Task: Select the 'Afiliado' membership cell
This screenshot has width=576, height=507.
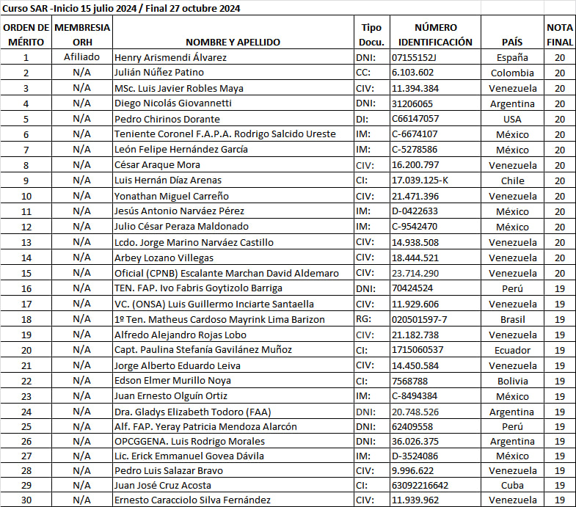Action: pyautogui.click(x=82, y=57)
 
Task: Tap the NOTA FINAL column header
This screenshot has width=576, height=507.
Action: pyautogui.click(x=560, y=34)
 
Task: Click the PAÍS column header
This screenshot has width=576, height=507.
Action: pyautogui.click(x=512, y=43)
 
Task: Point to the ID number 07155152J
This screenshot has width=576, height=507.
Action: pyautogui.click(x=415, y=57)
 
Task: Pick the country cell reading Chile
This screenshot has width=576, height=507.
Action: pyautogui.click(x=512, y=180)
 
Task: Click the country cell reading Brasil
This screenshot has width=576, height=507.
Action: pyautogui.click(x=512, y=319)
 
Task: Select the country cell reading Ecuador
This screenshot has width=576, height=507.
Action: pyautogui.click(x=512, y=350)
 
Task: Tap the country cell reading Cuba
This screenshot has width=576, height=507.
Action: pyautogui.click(x=512, y=485)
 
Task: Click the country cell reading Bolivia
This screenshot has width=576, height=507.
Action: pyautogui.click(x=512, y=381)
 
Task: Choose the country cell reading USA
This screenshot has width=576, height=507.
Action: pyautogui.click(x=512, y=119)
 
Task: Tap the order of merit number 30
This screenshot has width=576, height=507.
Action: pyautogui.click(x=26, y=500)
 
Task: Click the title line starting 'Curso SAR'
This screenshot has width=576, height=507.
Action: pyautogui.click(x=121, y=9)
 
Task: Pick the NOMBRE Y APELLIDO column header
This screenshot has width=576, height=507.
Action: pyautogui.click(x=233, y=43)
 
